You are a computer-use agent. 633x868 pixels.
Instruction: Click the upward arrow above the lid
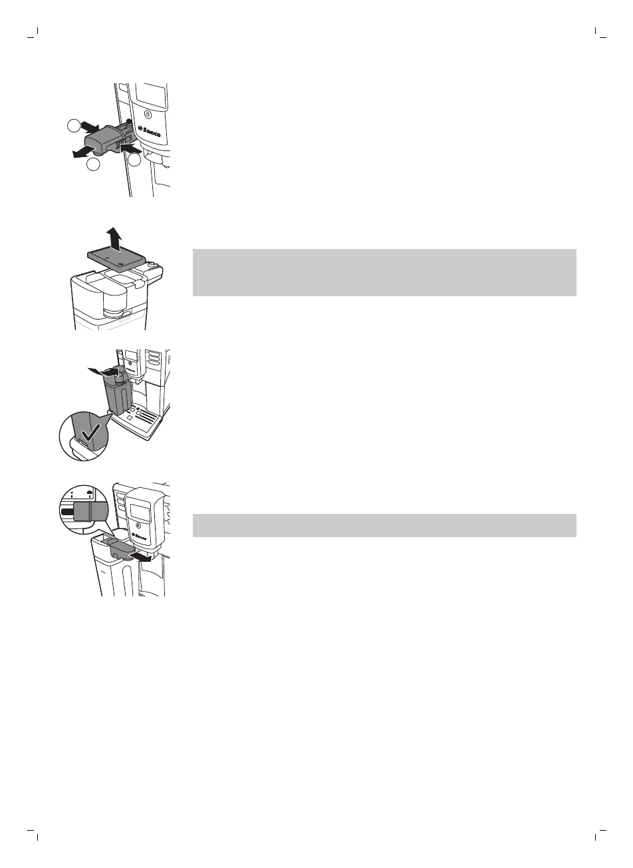[115, 236]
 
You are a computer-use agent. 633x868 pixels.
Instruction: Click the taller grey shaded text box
[384, 272]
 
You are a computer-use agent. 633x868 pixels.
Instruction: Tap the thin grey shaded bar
[384, 525]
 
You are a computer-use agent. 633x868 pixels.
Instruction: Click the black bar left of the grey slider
[67, 512]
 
